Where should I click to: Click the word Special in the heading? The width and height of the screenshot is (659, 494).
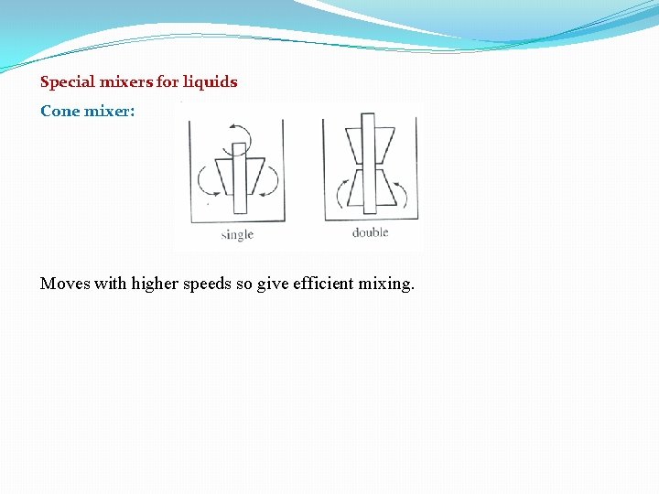66,82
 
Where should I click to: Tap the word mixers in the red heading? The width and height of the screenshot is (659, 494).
124,82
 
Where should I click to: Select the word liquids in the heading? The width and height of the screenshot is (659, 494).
210,82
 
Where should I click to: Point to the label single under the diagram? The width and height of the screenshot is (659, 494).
237,234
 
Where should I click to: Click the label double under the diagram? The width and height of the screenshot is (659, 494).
370,232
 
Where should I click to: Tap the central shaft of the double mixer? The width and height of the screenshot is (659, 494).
369,165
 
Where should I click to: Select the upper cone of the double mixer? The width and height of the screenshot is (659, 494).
369,145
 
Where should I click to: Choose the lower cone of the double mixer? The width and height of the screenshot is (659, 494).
369,188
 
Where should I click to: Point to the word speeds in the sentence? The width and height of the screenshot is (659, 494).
208,284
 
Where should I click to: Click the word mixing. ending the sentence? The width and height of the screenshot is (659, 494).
386,284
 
